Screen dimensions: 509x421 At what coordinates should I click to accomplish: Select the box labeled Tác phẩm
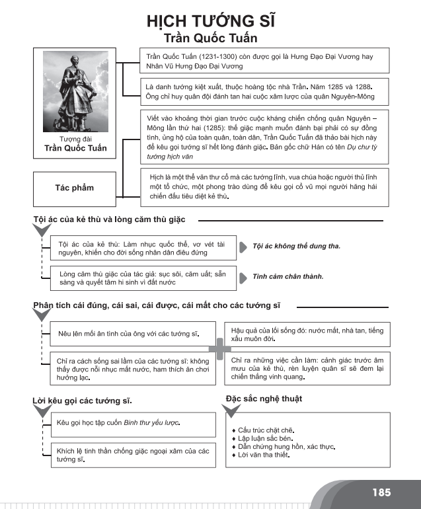[x=74, y=188]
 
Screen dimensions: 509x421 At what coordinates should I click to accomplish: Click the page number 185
[x=381, y=492]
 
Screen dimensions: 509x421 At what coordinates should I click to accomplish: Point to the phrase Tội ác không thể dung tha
[x=296, y=246]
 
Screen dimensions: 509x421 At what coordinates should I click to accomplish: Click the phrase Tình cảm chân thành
[x=288, y=276]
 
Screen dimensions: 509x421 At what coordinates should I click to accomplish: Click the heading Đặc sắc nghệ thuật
[x=264, y=399]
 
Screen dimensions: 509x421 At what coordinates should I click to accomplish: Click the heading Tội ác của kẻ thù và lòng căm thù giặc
[x=109, y=219]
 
